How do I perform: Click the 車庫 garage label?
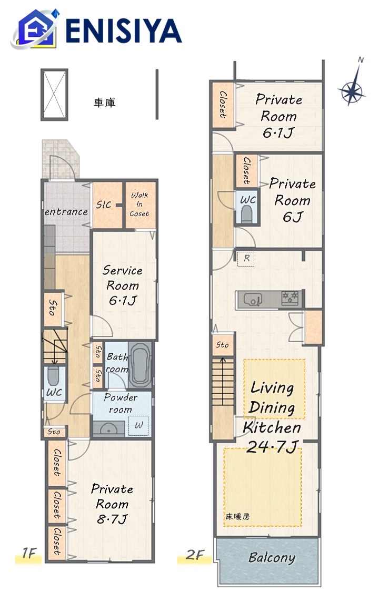pyautogui.click(x=105, y=103)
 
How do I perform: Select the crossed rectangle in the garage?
pyautogui.click(x=54, y=95)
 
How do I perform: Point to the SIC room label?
pyautogui.click(x=104, y=204)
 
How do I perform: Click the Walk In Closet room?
pyautogui.click(x=139, y=204)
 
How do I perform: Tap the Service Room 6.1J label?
pyautogui.click(x=123, y=285)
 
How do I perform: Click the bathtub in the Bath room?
pyautogui.click(x=139, y=365)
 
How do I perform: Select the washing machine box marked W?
pyautogui.click(x=139, y=425)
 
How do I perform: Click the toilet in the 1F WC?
pyautogui.click(x=53, y=376)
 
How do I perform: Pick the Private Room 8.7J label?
pyautogui.click(x=112, y=504)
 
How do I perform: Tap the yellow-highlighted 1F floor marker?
pyautogui.click(x=28, y=555)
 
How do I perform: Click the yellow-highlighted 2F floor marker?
pyautogui.click(x=195, y=556)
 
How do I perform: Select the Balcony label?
pyautogui.click(x=272, y=558)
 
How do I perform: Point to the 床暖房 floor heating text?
pyautogui.click(x=237, y=517)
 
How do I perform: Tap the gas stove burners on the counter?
pyautogui.click(x=291, y=298)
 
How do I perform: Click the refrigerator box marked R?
pyautogui.click(x=246, y=259)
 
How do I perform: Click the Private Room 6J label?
pyautogui.click(x=292, y=200)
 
